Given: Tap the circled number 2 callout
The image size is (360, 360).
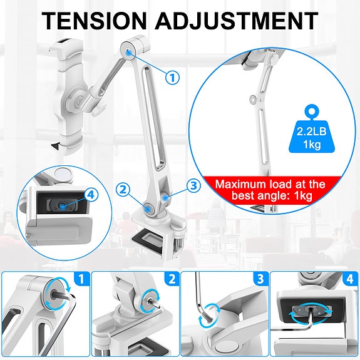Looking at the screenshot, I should [123, 189].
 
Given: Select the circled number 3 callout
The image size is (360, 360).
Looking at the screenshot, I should [193, 185].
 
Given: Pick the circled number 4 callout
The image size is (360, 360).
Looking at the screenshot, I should [92, 195].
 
